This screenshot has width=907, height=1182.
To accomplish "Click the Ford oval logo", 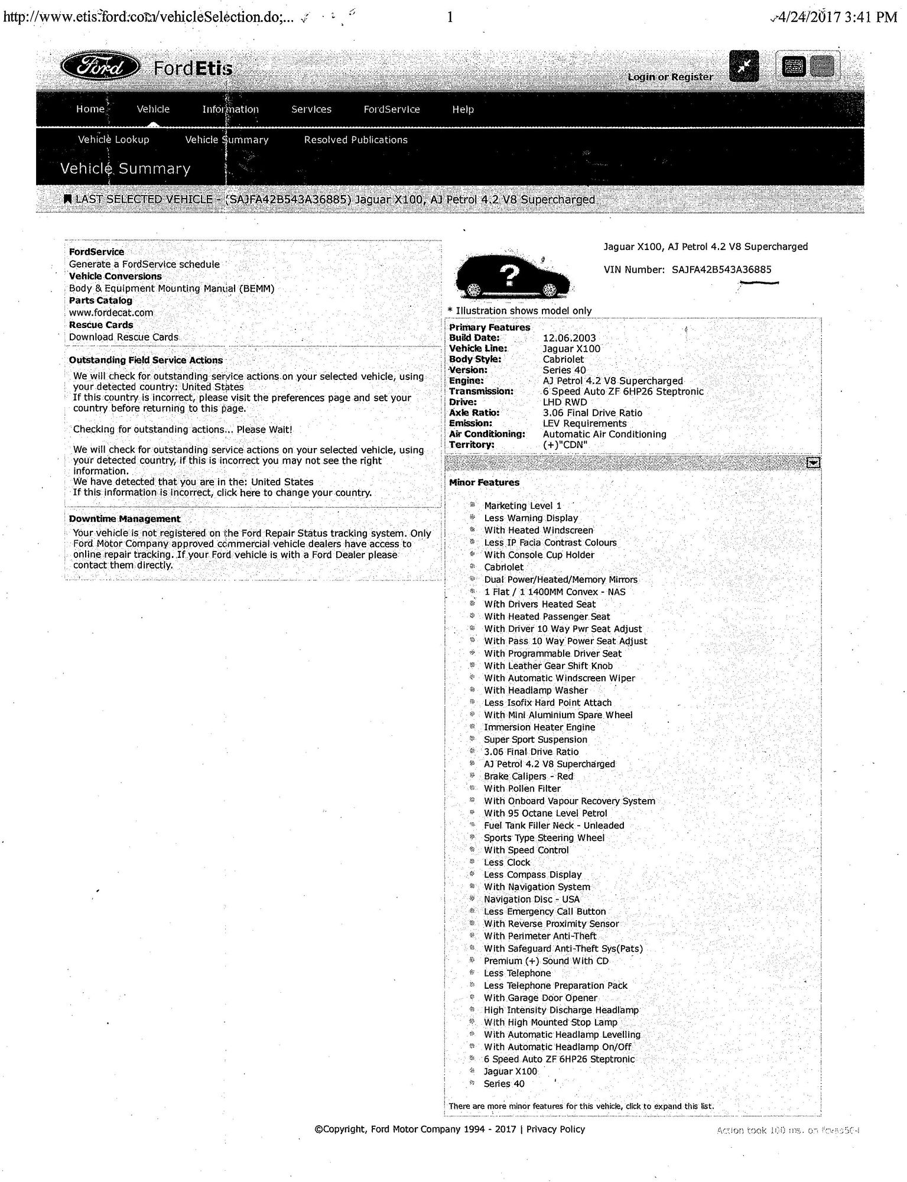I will [x=100, y=68].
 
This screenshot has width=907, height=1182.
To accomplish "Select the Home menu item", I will [x=90, y=109].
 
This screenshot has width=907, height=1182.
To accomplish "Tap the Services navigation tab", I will [x=311, y=109].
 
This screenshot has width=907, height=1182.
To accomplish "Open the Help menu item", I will [x=463, y=109].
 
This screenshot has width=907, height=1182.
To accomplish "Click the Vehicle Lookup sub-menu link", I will [x=113, y=140].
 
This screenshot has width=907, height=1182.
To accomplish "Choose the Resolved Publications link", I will [x=356, y=140].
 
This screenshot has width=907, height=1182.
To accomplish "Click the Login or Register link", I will [x=670, y=77].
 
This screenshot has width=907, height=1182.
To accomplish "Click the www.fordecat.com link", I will [x=111, y=313].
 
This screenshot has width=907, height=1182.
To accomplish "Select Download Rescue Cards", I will [x=123, y=337].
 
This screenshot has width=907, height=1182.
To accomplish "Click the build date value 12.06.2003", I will [x=570, y=338].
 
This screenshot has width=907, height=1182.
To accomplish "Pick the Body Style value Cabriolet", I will [x=563, y=359].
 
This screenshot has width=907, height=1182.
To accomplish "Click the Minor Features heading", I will [x=484, y=483].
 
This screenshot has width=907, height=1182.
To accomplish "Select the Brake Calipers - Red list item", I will [x=528, y=777].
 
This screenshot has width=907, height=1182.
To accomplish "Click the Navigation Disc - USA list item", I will [x=532, y=900].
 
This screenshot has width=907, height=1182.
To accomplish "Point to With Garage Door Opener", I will [x=541, y=998].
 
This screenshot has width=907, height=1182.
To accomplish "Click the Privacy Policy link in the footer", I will [x=555, y=1129].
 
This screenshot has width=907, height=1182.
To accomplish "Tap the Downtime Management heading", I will [x=125, y=519].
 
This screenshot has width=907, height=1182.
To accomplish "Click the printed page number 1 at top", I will [x=450, y=17].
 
